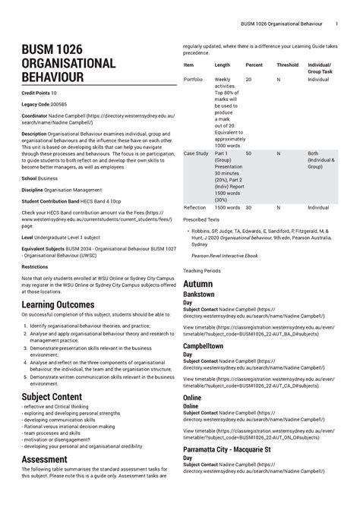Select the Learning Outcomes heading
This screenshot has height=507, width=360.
(x=58, y=305)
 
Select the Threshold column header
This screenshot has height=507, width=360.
(x=287, y=65)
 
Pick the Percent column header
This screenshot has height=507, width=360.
(x=254, y=65)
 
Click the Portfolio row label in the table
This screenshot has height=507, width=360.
(x=193, y=80)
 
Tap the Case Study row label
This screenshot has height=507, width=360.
(x=196, y=153)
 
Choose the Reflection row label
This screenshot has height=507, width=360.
(x=194, y=207)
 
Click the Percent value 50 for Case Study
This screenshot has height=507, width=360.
(x=248, y=153)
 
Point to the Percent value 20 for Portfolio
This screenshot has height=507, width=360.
(x=248, y=80)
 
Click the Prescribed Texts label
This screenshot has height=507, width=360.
(x=201, y=220)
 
